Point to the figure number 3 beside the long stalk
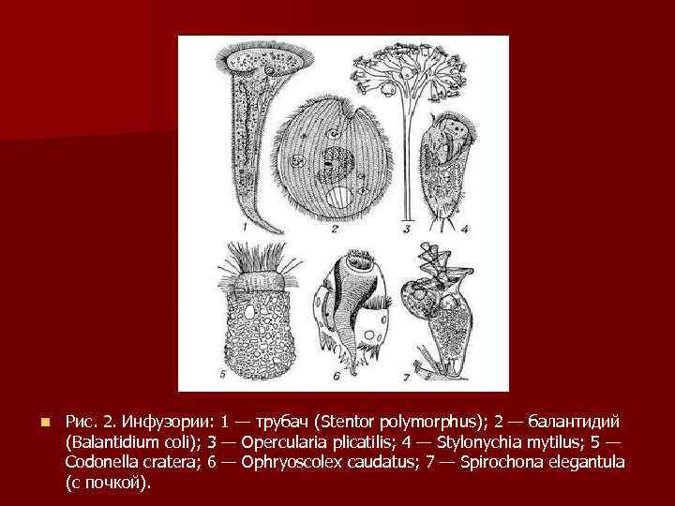pos(405,228)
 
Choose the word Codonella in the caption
pos(104,463)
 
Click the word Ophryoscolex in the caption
pos(290,463)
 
